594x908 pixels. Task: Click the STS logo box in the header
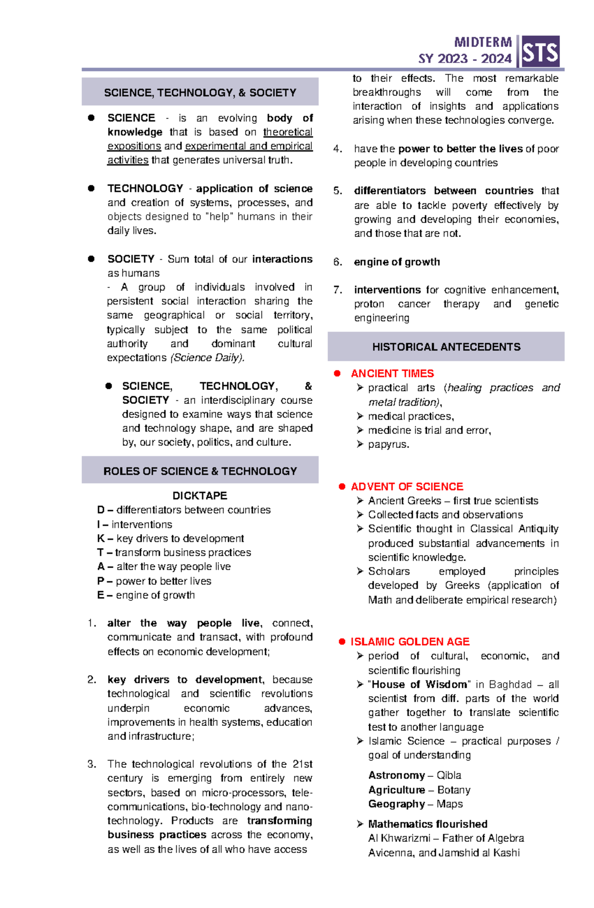click(540, 51)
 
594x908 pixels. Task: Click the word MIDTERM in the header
click(483, 43)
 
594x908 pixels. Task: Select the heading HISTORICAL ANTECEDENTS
click(446, 347)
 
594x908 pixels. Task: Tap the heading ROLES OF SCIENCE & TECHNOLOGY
click(200, 471)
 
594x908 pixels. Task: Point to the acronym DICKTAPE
click(199, 495)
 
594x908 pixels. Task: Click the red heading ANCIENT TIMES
click(392, 374)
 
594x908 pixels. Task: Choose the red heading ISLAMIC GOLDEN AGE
click(410, 642)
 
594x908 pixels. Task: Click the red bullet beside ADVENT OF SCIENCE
click(342, 487)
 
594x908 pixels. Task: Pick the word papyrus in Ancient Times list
click(388, 444)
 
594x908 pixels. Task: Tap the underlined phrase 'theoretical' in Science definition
click(288, 132)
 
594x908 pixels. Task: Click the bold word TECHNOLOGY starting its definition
click(145, 189)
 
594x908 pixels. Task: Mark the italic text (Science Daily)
click(207, 358)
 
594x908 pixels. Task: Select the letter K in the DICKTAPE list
click(100, 538)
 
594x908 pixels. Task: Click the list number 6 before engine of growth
click(338, 262)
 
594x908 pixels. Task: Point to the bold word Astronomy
click(396, 775)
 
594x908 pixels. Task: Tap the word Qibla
click(448, 775)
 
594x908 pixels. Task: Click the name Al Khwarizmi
click(399, 838)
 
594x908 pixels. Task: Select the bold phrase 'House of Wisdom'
click(419, 684)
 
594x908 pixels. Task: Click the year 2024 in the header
click(496, 59)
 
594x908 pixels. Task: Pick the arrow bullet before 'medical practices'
click(360, 416)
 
